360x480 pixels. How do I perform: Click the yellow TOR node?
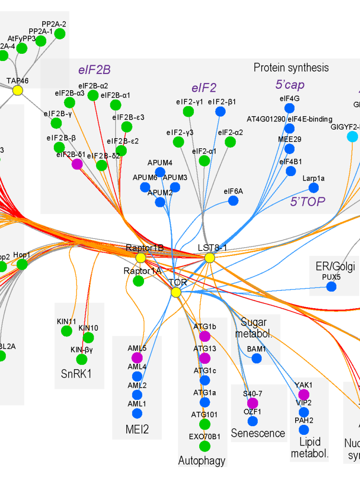(x=176, y=292)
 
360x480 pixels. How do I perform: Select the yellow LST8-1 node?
(x=209, y=258)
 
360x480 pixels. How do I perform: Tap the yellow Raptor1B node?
(x=141, y=258)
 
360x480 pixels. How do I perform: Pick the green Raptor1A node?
(x=138, y=281)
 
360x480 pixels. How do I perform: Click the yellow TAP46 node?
(x=18, y=90)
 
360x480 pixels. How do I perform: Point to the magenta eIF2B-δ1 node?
(x=77, y=164)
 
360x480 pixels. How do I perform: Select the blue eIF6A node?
(x=233, y=201)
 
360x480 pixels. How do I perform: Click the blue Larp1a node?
(x=313, y=188)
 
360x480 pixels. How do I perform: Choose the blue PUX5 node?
(x=331, y=287)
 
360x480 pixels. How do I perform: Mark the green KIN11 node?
(x=67, y=331)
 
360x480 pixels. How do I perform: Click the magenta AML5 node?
(x=137, y=358)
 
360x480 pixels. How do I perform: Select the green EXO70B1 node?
(x=205, y=446)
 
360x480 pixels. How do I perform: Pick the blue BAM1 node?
(x=257, y=358)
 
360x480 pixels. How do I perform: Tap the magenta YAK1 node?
(x=304, y=394)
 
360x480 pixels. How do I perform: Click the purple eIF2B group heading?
(x=95, y=70)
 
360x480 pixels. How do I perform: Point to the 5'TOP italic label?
(x=308, y=202)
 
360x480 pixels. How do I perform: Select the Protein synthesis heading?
(x=291, y=68)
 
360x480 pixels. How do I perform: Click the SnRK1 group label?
(x=76, y=373)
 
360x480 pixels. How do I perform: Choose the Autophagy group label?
(x=202, y=461)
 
